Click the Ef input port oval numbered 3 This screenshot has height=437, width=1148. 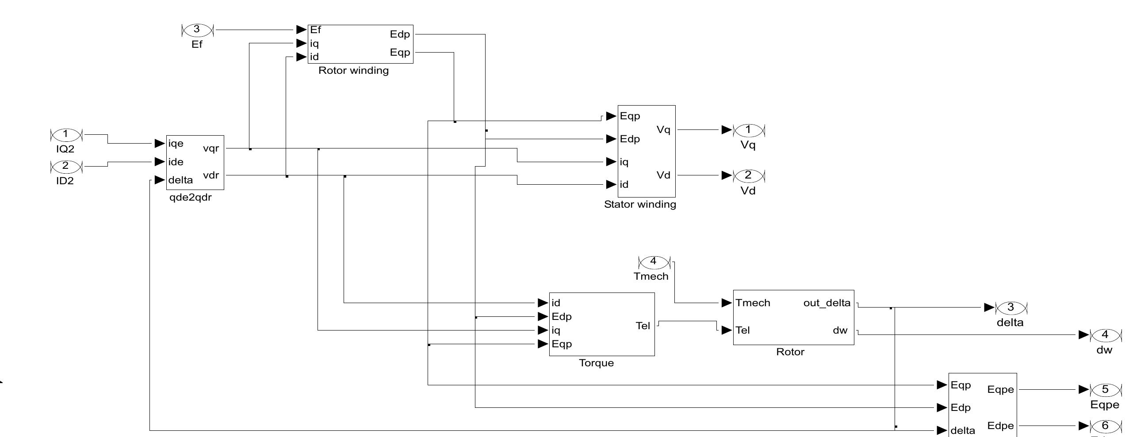pyautogui.click(x=197, y=30)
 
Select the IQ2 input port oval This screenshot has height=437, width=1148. pyautogui.click(x=66, y=134)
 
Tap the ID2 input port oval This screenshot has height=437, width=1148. pyautogui.click(x=66, y=166)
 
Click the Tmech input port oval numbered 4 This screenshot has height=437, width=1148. pyautogui.click(x=654, y=262)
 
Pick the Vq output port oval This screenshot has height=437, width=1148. pyautogui.click(x=749, y=130)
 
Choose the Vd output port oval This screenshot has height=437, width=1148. pyautogui.click(x=749, y=175)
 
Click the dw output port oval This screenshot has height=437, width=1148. pyautogui.click(x=1105, y=335)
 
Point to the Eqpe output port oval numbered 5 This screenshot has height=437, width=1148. pyautogui.click(x=1105, y=390)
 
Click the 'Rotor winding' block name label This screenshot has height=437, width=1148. pyautogui.click(x=353, y=71)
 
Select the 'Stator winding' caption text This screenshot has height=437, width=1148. pyautogui.click(x=640, y=205)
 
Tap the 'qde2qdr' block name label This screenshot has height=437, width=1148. pyautogui.click(x=190, y=198)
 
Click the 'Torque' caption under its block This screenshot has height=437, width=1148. pyautogui.click(x=596, y=363)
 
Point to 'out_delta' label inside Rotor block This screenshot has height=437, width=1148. pyautogui.click(x=827, y=303)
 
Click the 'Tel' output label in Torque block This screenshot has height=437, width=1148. pyautogui.click(x=643, y=326)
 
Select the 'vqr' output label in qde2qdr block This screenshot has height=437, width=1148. pyautogui.click(x=211, y=148)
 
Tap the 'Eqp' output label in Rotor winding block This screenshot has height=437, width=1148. pyautogui.click(x=400, y=53)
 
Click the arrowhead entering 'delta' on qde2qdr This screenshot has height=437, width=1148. pyautogui.click(x=160, y=180)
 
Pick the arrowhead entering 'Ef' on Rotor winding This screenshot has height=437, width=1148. pyautogui.click(x=301, y=30)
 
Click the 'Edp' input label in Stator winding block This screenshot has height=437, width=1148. pyautogui.click(x=630, y=139)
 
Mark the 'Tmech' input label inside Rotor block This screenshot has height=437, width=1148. pyautogui.click(x=753, y=303)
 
